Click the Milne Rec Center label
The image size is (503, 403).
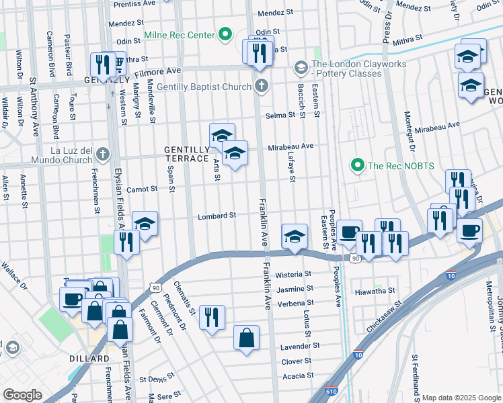click(x=178, y=35)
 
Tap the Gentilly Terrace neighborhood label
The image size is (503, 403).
click(x=186, y=153)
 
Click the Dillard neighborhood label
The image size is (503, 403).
click(x=89, y=359)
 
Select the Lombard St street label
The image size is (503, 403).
click(x=217, y=216)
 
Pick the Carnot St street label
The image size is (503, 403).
click(x=142, y=189)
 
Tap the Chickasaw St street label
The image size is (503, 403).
click(x=383, y=317)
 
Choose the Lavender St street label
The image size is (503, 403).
click(x=301, y=346)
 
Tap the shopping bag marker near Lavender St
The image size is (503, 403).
click(x=246, y=339)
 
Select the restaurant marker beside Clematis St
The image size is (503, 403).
click(x=212, y=318)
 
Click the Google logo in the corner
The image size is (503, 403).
click(x=23, y=395)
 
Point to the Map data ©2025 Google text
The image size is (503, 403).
click(x=461, y=398)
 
